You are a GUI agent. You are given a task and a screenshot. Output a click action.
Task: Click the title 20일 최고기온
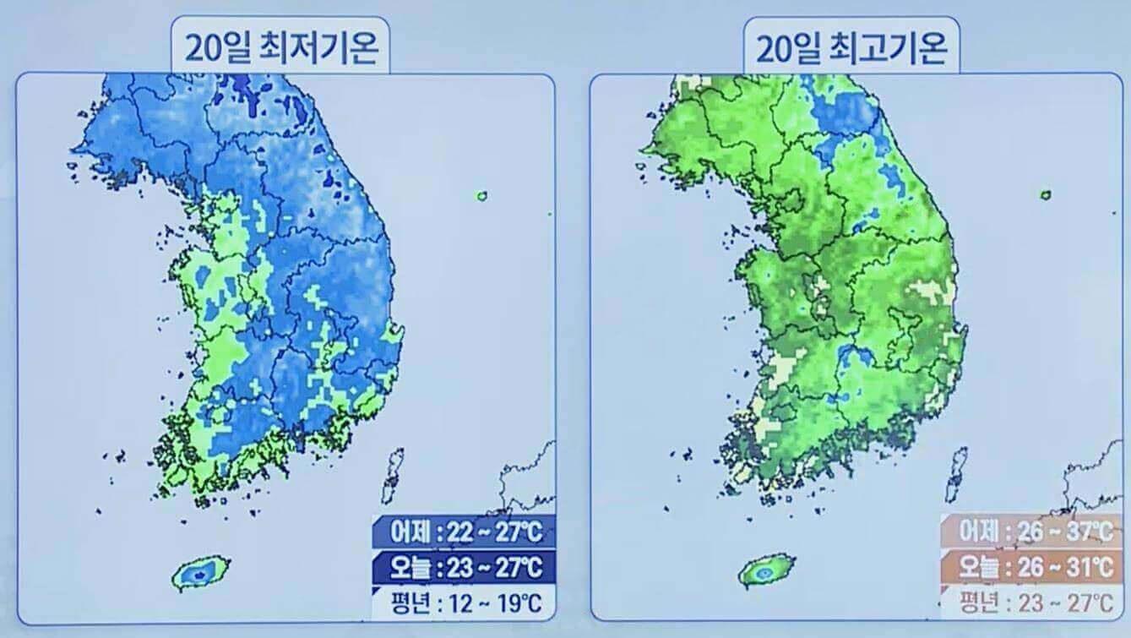pos(851,49)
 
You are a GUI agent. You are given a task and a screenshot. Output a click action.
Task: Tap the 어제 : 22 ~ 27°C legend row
pos(465,532)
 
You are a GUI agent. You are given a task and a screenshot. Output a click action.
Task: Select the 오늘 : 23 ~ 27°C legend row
pos(465,566)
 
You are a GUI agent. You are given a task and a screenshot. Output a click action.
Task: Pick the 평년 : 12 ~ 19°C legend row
pos(465,603)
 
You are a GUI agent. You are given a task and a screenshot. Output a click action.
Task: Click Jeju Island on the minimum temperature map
pos(200,572)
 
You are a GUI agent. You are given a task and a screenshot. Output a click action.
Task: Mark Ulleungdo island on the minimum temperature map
pos(481,196)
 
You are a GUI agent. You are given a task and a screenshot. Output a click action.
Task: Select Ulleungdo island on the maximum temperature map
pos(1046,195)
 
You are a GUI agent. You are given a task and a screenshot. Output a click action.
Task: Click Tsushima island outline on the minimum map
pos(393,477)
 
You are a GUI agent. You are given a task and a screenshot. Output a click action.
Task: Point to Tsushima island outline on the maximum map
pos(958,475)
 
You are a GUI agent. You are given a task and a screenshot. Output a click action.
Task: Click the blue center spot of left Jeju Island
pos(199,574)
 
